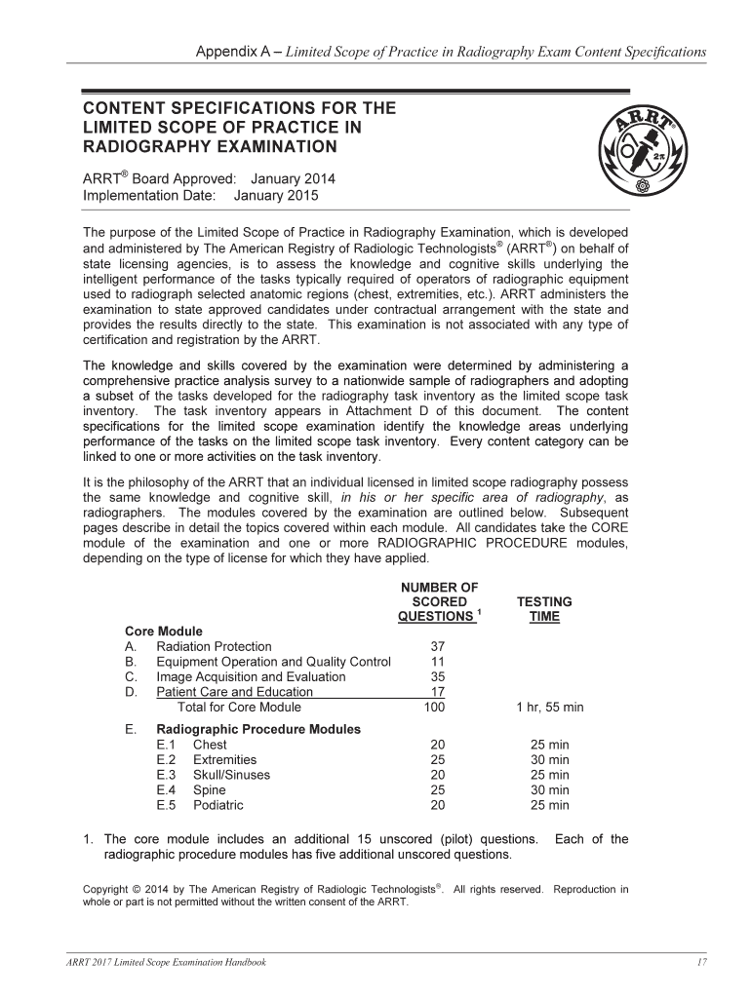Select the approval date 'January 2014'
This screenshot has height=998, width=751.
(293, 178)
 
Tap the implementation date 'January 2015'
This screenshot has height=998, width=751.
(276, 195)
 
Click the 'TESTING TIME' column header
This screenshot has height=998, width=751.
(544, 609)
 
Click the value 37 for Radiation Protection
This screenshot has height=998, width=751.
(437, 646)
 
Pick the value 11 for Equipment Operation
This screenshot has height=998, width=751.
(437, 662)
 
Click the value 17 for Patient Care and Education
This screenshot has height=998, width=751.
(437, 692)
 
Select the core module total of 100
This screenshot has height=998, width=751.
(435, 708)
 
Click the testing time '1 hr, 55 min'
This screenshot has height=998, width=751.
(550, 708)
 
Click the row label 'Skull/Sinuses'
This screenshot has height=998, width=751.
(231, 775)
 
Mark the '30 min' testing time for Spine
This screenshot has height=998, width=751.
(550, 790)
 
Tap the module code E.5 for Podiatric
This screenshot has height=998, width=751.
(166, 805)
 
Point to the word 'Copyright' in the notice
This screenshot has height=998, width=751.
(105, 889)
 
